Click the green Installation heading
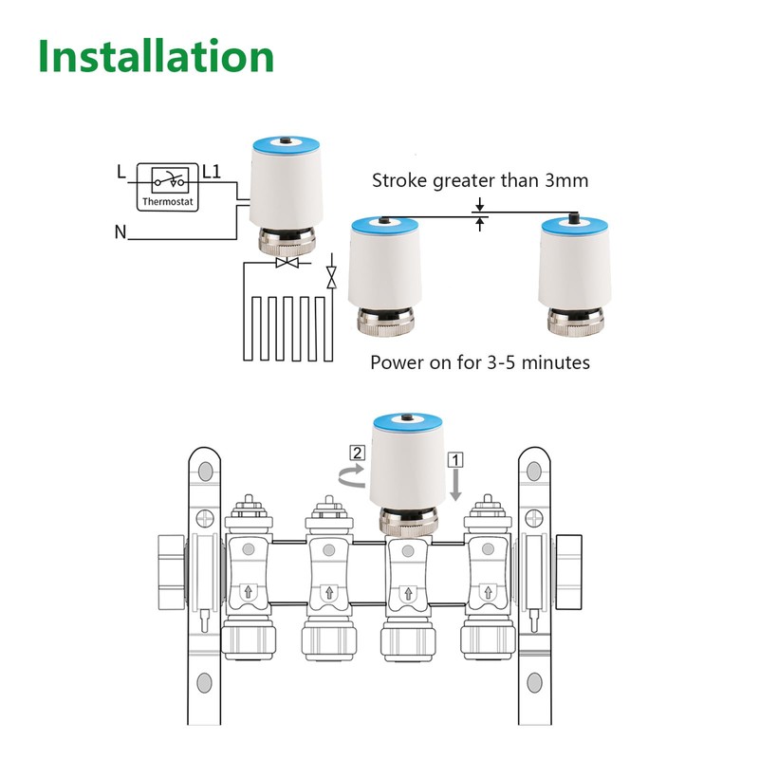[x=157, y=57]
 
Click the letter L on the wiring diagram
[x=120, y=173]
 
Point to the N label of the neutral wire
[x=120, y=231]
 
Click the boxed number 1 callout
[x=456, y=458]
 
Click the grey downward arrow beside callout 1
[x=456, y=485]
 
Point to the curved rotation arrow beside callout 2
[x=351, y=474]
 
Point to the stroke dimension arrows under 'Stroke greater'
[x=481, y=215]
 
